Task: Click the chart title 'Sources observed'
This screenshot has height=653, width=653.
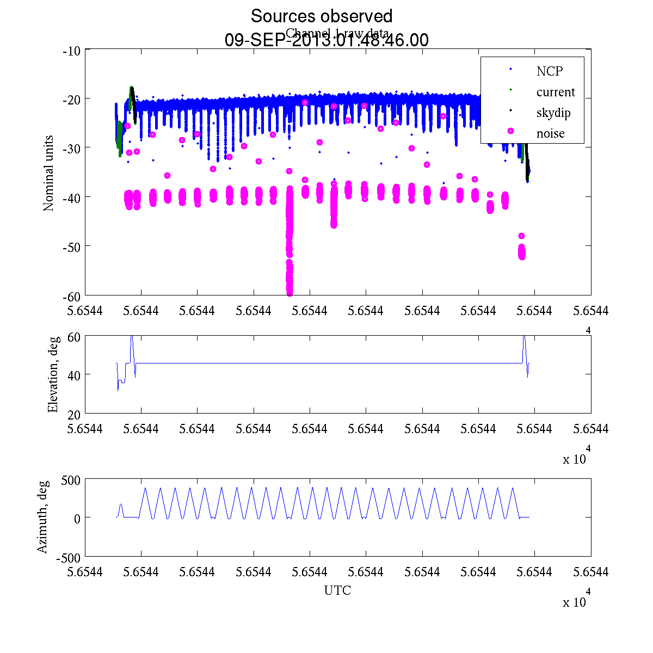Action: (x=321, y=16)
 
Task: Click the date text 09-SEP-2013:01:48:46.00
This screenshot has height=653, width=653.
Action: (x=326, y=40)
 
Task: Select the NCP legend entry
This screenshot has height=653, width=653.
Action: (x=550, y=71)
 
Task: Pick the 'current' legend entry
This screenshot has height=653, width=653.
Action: (x=556, y=92)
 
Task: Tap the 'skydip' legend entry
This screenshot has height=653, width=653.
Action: (x=553, y=113)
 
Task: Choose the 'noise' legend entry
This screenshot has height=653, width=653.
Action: (x=551, y=133)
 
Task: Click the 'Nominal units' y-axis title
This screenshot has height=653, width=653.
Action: (x=49, y=173)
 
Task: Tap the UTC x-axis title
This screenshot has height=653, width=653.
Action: (x=337, y=590)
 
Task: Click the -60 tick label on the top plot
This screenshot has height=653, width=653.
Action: (x=72, y=296)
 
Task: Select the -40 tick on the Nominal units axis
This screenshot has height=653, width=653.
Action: (x=72, y=197)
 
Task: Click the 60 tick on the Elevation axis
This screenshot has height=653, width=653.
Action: (x=75, y=336)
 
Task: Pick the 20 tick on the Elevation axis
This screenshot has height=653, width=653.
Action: (x=75, y=414)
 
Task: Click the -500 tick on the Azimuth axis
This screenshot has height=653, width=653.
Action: (x=69, y=557)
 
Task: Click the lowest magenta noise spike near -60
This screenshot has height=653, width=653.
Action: (x=289, y=292)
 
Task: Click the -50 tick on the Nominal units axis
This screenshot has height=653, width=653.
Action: (x=72, y=247)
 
